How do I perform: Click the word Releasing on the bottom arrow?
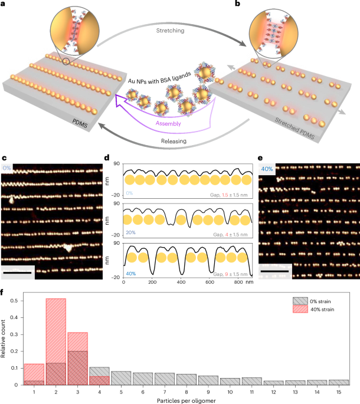(x=180, y=142)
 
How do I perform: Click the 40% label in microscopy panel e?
(x=269, y=169)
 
